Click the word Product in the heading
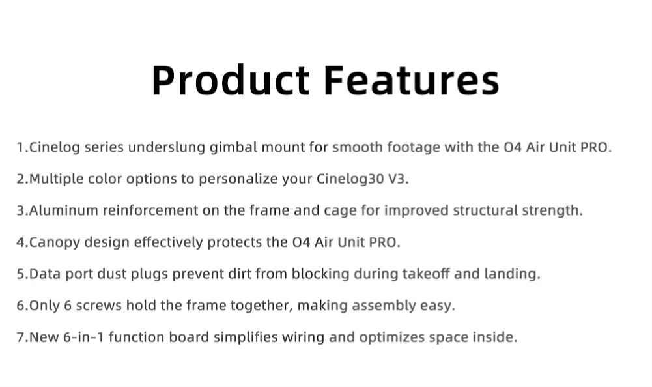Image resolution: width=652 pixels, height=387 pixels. tap(231, 80)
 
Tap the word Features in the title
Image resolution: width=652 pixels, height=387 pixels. tap(411, 80)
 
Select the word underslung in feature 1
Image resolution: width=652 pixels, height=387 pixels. tap(167, 147)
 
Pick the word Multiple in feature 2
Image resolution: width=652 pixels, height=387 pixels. tap(57, 179)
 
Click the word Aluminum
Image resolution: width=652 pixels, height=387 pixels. tap(64, 210)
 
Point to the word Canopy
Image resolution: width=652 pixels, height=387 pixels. tap(55, 242)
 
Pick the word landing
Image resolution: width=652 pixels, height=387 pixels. tap(512, 274)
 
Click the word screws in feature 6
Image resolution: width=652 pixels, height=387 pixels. tap(99, 306)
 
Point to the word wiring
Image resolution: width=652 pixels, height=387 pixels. tap(303, 337)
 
